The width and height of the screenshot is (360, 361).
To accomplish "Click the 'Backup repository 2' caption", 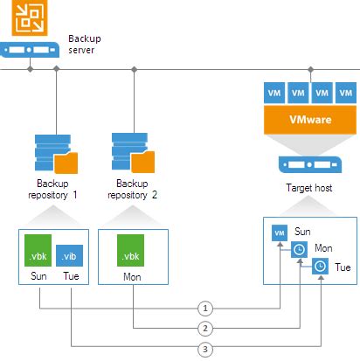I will (x=133, y=190).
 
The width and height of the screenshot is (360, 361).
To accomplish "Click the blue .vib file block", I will (x=71, y=254).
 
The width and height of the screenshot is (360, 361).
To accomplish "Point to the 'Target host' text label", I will (x=308, y=187).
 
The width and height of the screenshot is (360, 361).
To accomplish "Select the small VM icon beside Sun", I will (x=280, y=233).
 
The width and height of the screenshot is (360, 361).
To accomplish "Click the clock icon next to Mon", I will (x=300, y=249).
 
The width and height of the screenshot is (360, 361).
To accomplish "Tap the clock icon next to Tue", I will (x=321, y=266).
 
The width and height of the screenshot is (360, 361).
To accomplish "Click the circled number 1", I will (x=204, y=309).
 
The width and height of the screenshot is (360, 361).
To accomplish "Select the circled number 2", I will (x=204, y=329).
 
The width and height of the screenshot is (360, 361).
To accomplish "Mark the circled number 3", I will (x=204, y=349).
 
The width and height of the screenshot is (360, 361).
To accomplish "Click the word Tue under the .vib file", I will (x=71, y=278).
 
